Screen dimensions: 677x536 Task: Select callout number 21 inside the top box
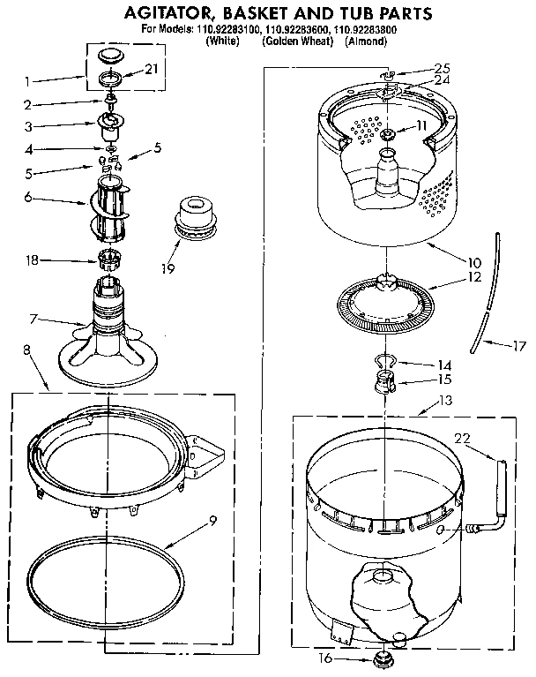tap(152, 70)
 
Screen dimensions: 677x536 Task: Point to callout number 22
tap(463, 438)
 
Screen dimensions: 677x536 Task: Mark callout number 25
tap(443, 69)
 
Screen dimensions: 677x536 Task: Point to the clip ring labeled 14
tap(383, 359)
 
